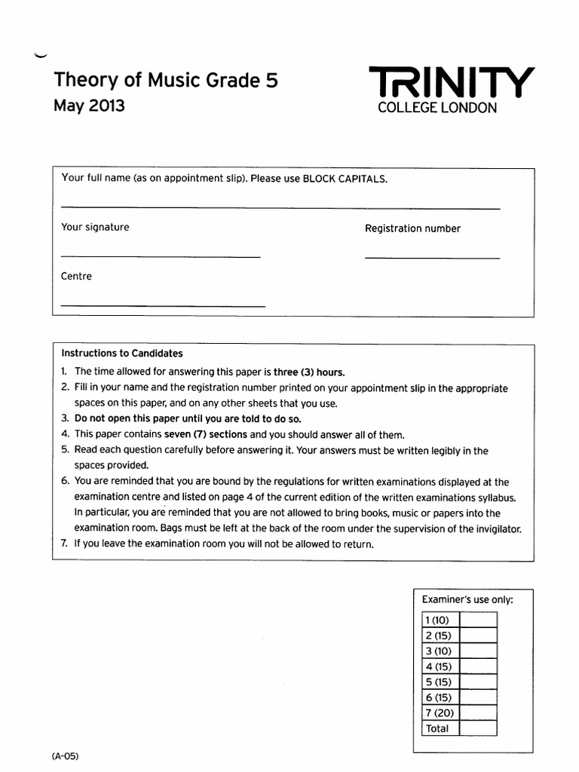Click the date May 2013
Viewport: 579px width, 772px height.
coord(89,106)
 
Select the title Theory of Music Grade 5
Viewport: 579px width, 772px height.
coord(166,80)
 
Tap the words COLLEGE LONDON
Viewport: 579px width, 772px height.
coord(437,109)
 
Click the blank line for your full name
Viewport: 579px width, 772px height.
coord(280,207)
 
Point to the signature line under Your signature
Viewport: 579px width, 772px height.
coord(160,256)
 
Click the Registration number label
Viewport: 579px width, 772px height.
coord(412,228)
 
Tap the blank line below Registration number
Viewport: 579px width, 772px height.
coord(431,258)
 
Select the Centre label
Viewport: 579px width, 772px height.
coord(76,276)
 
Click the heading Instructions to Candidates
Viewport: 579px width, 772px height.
coord(121,353)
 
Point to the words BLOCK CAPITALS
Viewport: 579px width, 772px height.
coord(345,179)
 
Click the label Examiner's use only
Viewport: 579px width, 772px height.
coord(467,599)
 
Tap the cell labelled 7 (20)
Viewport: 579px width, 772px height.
coord(440,712)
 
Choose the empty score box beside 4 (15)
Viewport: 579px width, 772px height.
coord(478,666)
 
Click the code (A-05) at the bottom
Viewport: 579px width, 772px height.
coord(66,755)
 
